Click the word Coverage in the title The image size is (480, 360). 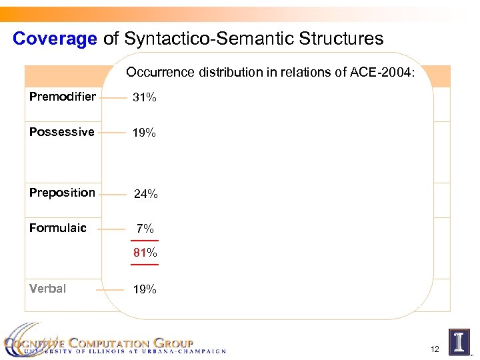point(55,39)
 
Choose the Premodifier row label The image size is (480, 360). point(63,97)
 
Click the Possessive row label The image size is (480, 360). point(62,132)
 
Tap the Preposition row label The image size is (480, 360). point(62,193)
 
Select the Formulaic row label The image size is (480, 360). point(58,228)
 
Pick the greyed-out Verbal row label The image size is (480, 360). point(47,289)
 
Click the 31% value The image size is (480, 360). point(144,97)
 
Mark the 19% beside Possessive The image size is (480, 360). point(144,133)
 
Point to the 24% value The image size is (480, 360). point(145,194)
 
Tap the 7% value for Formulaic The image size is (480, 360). point(145,229)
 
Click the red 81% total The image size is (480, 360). point(145,253)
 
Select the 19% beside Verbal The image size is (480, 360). point(144,289)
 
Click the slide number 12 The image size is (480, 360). point(435,349)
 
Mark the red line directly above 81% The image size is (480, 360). point(145,241)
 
